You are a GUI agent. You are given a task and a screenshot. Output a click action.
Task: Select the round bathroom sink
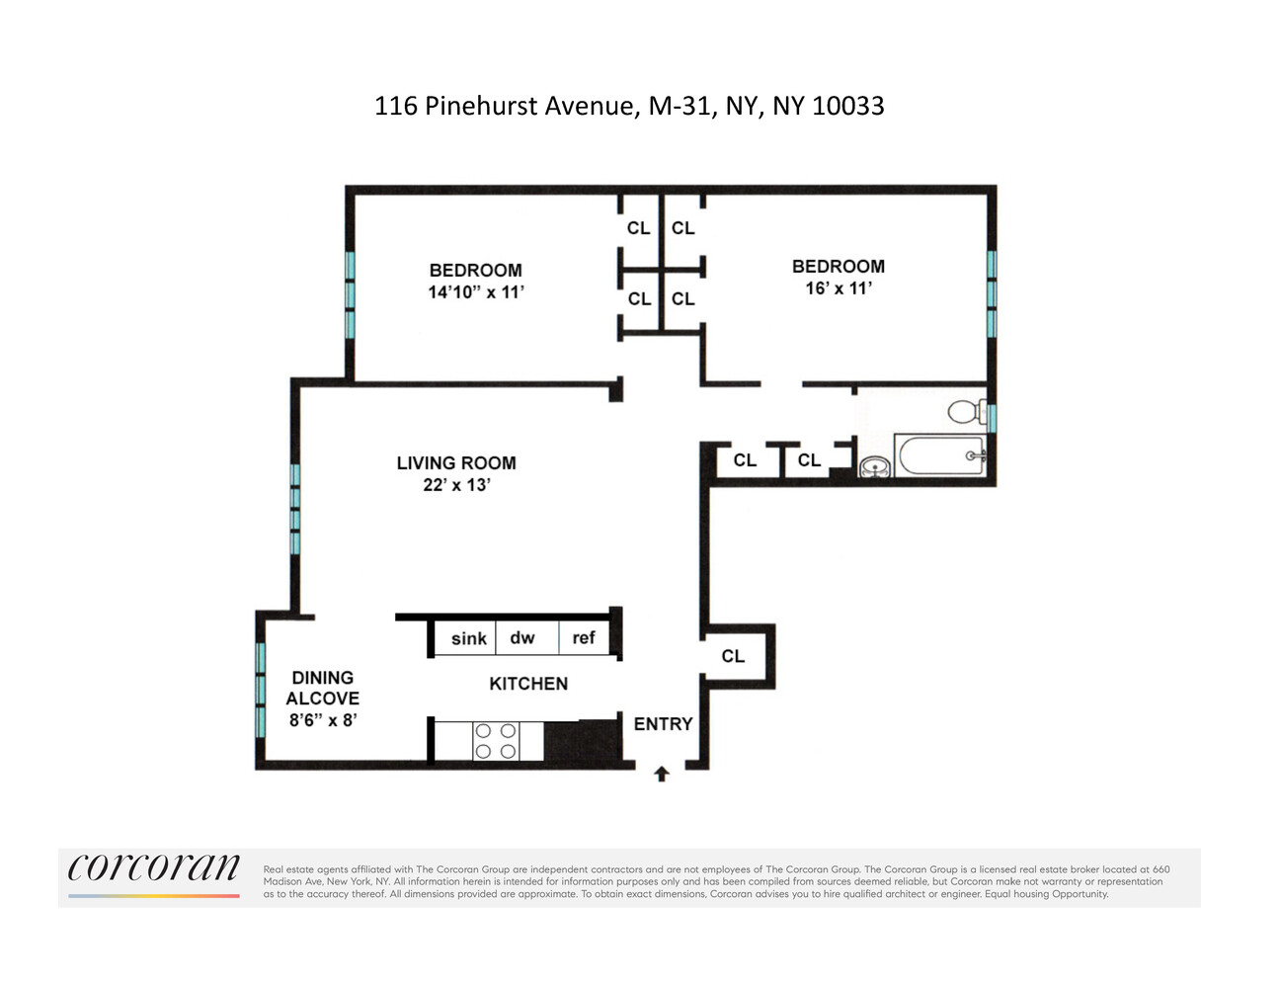(872, 466)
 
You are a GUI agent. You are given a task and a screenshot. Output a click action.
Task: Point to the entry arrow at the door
(662, 775)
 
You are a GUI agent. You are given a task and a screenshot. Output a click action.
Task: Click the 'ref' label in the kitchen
(584, 638)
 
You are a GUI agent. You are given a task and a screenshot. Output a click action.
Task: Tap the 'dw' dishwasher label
(522, 638)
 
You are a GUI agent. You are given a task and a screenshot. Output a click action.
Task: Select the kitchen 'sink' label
(468, 639)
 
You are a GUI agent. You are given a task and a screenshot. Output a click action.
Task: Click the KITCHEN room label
(528, 684)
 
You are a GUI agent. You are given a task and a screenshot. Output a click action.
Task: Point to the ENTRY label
(663, 724)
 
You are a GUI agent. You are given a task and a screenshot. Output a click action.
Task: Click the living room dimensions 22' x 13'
(456, 485)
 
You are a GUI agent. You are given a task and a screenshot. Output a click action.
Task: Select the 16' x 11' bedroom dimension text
(839, 288)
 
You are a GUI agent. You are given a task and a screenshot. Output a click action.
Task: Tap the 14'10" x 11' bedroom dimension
(475, 292)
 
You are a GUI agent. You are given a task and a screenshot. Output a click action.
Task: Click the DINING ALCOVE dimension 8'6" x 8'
(322, 720)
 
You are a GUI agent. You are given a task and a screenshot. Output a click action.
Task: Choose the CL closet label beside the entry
(733, 656)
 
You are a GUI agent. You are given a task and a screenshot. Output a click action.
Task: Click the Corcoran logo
(154, 869)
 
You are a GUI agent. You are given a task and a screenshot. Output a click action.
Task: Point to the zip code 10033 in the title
(847, 106)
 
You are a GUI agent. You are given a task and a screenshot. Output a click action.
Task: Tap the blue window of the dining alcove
(261, 690)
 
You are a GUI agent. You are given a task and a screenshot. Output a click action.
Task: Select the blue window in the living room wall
(294, 509)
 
